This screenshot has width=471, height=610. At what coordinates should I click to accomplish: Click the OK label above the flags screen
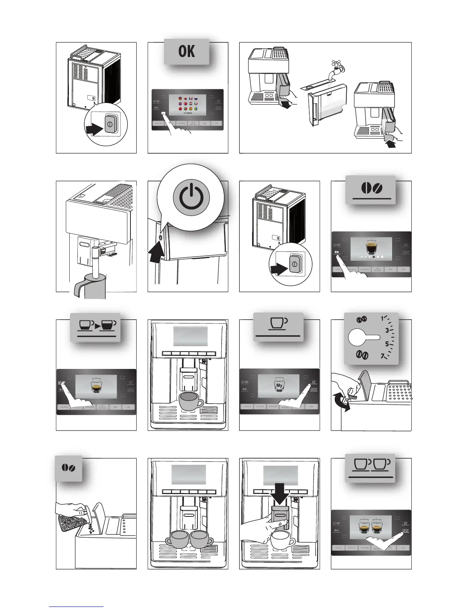pos(187,51)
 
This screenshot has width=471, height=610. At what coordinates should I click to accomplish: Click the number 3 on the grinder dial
pos(387,330)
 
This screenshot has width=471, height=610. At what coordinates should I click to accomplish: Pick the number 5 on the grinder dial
pos(387,344)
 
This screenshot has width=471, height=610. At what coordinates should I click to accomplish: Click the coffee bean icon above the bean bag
pos(68,467)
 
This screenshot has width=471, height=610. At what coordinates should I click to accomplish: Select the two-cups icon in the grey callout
pos(371,465)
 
